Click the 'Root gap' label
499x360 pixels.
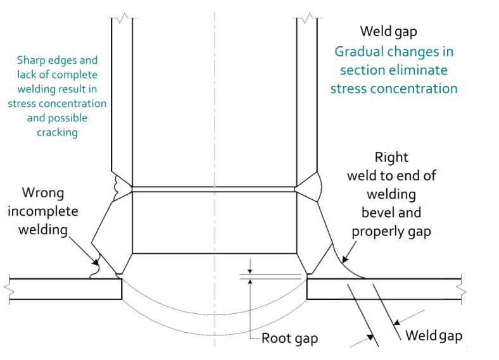coord(289,338)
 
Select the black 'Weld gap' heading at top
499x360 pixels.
coord(388,31)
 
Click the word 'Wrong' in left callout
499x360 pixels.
coord(43,192)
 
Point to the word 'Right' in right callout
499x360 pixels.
coord(391,157)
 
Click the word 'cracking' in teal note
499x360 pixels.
coord(57,132)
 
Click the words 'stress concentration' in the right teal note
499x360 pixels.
coord(394,87)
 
